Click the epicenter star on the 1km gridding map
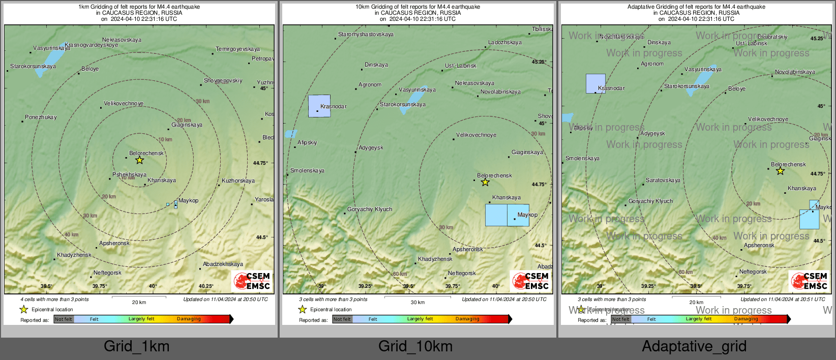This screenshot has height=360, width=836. point(139,160)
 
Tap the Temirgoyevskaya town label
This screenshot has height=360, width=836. point(237,49)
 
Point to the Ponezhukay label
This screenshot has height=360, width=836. point(41,117)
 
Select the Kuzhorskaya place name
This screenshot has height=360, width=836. point(238,181)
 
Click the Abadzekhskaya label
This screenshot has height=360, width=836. point(223,264)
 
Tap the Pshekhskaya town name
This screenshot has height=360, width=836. point(129,175)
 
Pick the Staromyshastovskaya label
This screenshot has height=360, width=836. point(366,35)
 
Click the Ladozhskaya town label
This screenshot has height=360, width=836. point(504,43)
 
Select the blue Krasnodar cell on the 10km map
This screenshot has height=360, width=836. point(319,106)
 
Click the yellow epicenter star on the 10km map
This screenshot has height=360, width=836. point(485,182)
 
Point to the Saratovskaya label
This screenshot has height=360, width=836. point(663,181)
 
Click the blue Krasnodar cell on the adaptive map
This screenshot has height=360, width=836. point(595,83)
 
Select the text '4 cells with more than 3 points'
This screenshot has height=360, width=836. point(54,299)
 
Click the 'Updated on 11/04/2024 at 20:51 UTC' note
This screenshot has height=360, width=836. point(789,299)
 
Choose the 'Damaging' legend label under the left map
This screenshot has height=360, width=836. point(189,319)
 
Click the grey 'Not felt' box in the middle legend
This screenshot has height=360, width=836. point(342,319)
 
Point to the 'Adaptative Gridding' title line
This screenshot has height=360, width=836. point(696,7)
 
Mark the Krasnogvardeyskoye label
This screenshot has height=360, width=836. point(92,45)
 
